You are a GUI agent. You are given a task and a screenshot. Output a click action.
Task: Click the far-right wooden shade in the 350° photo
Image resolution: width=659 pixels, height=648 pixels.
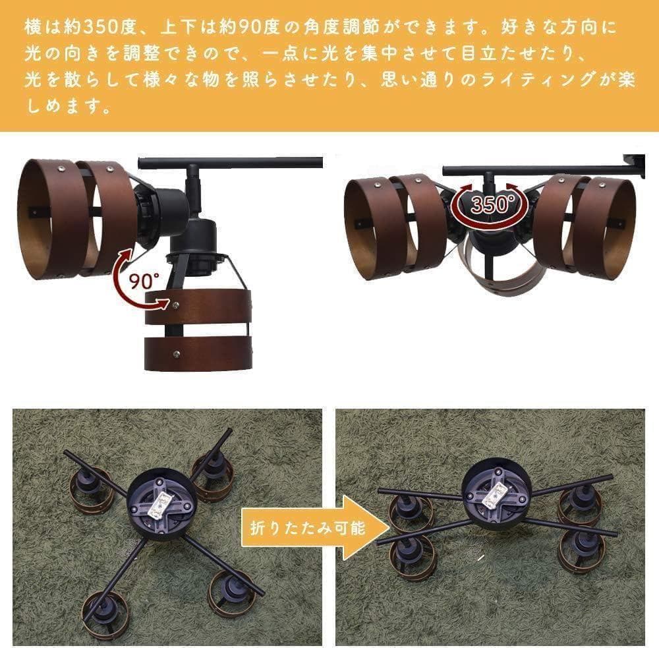605,224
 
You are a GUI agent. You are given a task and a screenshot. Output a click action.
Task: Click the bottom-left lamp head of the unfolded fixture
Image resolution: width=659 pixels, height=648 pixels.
103,610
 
